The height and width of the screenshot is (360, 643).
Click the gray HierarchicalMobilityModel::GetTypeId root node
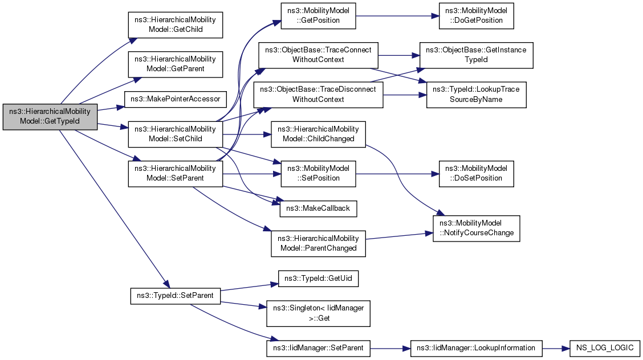(50, 117)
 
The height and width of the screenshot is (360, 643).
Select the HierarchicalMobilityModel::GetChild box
(174, 24)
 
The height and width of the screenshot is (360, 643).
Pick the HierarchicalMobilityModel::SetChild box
(174, 134)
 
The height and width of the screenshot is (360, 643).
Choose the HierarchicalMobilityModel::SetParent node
(174, 173)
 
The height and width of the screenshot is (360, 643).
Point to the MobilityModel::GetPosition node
(318, 15)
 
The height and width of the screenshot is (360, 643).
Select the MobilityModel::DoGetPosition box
(477, 15)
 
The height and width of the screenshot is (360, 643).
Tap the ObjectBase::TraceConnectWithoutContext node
(318, 54)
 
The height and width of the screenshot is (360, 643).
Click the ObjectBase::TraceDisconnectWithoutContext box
(318, 95)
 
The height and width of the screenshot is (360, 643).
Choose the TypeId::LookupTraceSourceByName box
(477, 95)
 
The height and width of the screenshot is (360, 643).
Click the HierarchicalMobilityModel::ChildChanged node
(318, 134)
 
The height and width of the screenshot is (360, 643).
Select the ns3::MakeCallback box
(318, 209)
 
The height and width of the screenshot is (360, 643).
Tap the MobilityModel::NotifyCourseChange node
(477, 228)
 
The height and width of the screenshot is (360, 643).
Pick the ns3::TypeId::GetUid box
(318, 279)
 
